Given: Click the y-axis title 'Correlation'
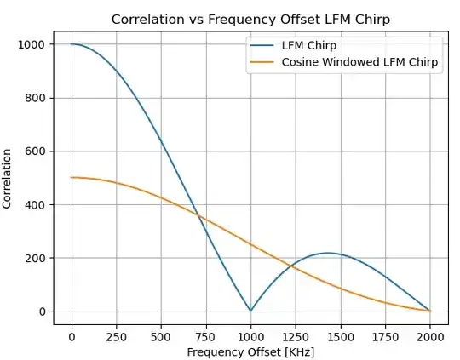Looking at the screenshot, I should coord(8,178).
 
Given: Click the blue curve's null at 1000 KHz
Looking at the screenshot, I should coord(250,311).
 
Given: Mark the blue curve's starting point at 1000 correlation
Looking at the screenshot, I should coord(72,44).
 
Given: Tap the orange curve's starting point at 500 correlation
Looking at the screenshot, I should coord(72,177).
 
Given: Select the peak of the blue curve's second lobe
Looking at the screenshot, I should coord(328,253).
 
